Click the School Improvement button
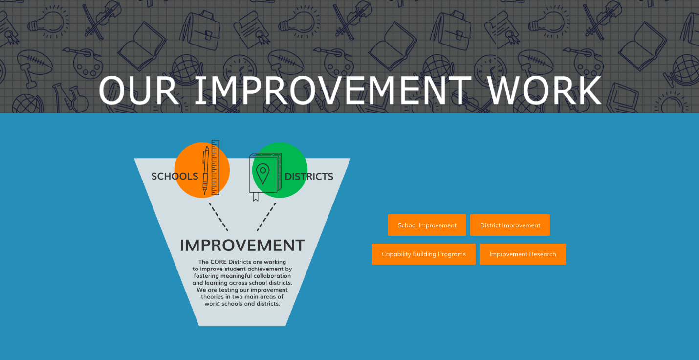click(x=427, y=225)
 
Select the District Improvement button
click(x=510, y=225)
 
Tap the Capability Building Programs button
click(x=423, y=254)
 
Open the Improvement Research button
click(x=523, y=254)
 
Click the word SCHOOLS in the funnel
click(x=175, y=177)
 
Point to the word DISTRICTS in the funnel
click(x=309, y=177)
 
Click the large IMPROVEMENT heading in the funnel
click(x=242, y=246)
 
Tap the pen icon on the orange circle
click(x=205, y=171)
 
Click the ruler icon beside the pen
click(x=215, y=168)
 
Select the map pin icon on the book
click(x=263, y=173)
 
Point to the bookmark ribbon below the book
click(x=256, y=197)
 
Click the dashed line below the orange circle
click(x=218, y=217)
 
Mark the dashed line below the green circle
click(x=266, y=217)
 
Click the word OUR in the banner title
click(x=139, y=90)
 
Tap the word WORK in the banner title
click(x=545, y=90)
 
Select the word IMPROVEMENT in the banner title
click(x=333, y=90)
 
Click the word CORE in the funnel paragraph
click(x=218, y=262)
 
